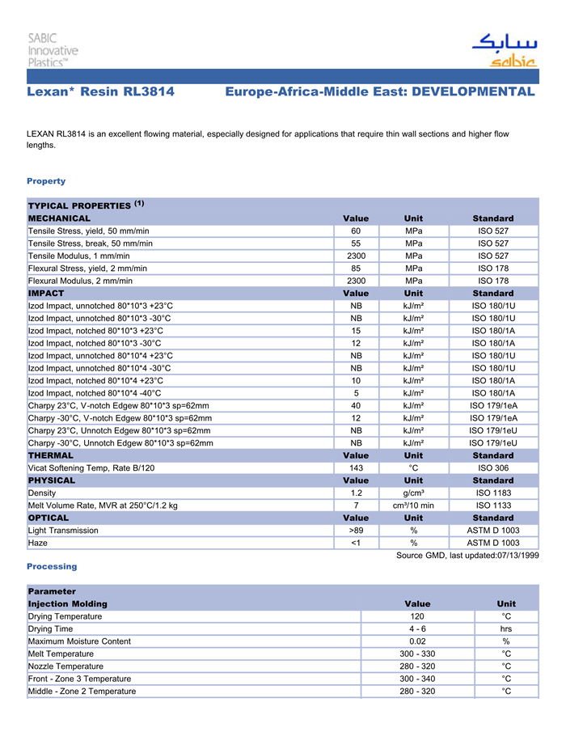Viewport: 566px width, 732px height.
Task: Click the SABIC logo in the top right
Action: pos(504,50)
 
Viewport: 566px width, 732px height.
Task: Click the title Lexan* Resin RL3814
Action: pos(100,92)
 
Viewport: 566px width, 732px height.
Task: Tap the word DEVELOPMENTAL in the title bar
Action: pos(473,92)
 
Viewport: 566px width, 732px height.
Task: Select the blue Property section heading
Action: pos(46,181)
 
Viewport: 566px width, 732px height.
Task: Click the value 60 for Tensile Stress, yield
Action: pos(356,231)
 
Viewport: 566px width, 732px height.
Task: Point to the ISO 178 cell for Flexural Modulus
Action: pos(492,281)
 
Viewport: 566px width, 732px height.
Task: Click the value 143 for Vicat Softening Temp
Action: pos(356,468)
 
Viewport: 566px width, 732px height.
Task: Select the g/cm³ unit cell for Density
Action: pos(413,493)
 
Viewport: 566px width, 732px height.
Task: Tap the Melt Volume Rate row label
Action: pos(103,506)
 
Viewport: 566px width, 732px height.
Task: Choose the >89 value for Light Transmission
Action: pos(356,531)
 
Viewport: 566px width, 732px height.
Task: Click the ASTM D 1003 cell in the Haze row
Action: pos(492,543)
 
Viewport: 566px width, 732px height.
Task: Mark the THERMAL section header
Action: pos(51,455)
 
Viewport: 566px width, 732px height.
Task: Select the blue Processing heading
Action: pos(52,566)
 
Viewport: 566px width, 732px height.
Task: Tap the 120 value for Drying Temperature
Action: pos(417,616)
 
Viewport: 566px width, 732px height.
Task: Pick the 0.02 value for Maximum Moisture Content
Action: pos(417,641)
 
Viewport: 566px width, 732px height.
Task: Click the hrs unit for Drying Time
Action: pos(506,628)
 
